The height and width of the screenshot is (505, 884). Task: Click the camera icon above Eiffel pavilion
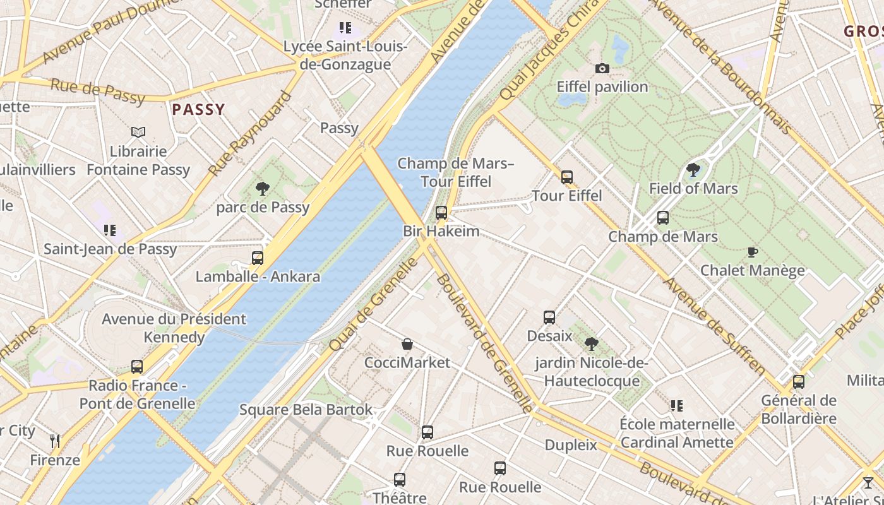tap(602, 68)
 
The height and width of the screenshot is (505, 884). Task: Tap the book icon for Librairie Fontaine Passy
tap(138, 132)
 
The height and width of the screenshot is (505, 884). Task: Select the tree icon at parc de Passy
tap(262, 188)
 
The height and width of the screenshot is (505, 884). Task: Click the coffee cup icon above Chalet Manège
tap(752, 252)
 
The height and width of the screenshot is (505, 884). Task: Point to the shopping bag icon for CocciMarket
tap(407, 344)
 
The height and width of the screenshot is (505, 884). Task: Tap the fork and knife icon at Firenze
tap(55, 441)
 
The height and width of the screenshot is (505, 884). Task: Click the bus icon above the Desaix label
tap(549, 317)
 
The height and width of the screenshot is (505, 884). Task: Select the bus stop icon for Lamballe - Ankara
tap(257, 258)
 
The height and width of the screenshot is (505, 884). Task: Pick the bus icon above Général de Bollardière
tap(798, 381)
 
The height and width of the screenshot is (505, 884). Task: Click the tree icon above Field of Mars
tap(693, 169)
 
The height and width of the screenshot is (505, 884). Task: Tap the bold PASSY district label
tap(198, 109)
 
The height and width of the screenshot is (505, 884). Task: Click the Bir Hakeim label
tap(441, 231)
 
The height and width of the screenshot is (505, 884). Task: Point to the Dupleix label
tap(571, 445)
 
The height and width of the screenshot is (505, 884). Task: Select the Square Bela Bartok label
tap(306, 409)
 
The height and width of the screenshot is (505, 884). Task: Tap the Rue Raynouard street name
tap(250, 134)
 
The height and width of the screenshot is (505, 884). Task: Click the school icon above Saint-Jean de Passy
tap(110, 230)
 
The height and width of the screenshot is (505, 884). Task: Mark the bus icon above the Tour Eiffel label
tap(566, 177)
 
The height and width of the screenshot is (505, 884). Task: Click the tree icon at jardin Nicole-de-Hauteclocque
tap(591, 344)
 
